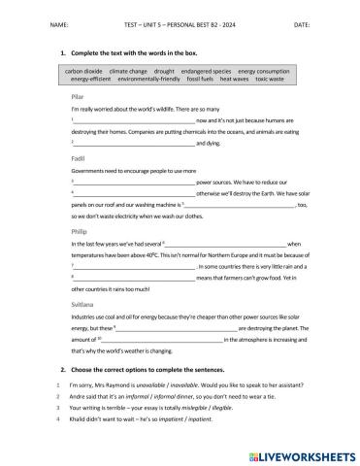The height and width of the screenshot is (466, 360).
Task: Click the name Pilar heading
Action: (79, 98)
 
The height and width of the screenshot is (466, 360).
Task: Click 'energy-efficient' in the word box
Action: (84, 80)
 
